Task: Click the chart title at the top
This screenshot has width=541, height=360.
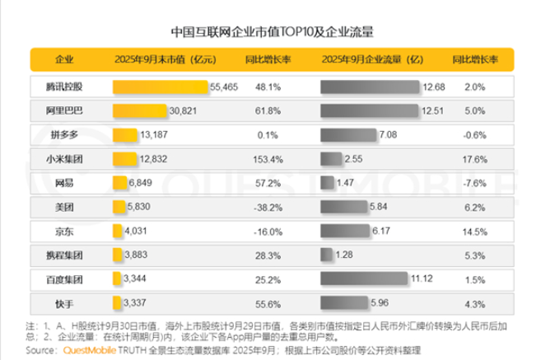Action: [272, 34]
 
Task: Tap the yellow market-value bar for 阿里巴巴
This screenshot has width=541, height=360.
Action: [128, 110]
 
